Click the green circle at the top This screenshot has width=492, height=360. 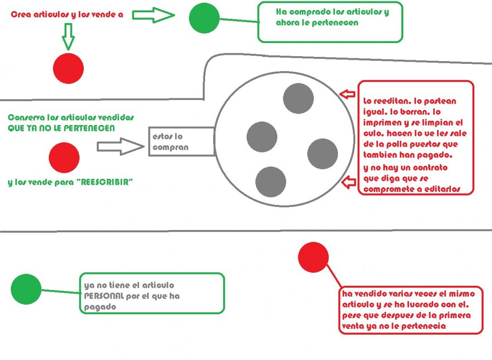204,18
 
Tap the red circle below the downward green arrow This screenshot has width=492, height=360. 68,68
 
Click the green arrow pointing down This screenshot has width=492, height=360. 68,37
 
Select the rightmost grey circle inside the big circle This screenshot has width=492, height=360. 322,154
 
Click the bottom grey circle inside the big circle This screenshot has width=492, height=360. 270,182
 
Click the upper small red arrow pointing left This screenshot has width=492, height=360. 348,94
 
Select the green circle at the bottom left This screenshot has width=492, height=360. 26,289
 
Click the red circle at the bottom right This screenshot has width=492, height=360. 313,257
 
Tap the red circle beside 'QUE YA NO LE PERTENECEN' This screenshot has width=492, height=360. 64,157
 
